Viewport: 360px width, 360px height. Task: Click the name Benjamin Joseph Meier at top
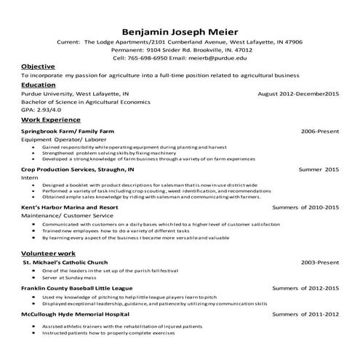[180, 31]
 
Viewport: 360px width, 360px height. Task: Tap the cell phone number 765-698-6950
[149, 57]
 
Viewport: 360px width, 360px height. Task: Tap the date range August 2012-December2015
[298, 94]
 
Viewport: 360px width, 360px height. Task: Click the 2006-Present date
[320, 131]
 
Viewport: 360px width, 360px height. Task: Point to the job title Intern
[29, 177]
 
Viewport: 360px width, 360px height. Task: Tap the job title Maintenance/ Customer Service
[67, 215]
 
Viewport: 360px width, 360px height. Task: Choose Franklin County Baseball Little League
[79, 289]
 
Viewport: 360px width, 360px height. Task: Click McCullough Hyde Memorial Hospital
[74, 315]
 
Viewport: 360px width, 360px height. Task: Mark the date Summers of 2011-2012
[305, 315]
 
